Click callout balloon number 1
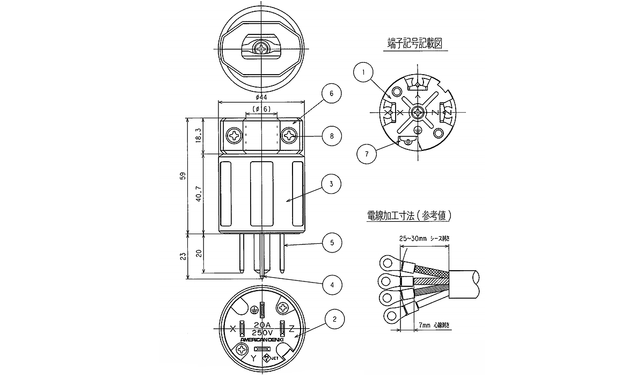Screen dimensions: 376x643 click(364, 73)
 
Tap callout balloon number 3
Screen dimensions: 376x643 click(332, 184)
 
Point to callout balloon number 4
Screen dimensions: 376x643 click(332, 284)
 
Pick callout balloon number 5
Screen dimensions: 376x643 click(332, 242)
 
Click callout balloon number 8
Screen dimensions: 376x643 click(332, 136)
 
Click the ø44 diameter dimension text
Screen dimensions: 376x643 click(261, 97)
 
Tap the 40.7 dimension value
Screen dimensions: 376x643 click(199, 193)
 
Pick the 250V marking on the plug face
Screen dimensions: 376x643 click(262, 332)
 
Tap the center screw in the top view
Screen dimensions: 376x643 click(261, 49)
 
